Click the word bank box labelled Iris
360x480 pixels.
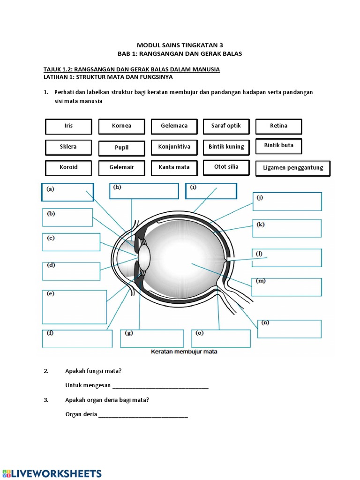[68, 126]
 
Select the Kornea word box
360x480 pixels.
[121, 126]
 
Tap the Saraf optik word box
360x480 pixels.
[226, 126]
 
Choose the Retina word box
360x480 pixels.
[278, 126]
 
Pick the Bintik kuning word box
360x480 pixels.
[226, 147]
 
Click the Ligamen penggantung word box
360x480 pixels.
[293, 168]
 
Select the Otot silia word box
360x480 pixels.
[226, 167]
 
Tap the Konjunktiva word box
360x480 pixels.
[174, 147]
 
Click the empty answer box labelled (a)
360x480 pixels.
[67, 192]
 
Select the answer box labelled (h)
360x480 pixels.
[144, 191]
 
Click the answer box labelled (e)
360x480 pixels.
[71, 307]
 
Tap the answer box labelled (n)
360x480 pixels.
[289, 329]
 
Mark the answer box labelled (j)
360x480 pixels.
[287, 202]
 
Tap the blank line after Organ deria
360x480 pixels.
[143, 414]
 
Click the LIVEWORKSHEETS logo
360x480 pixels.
[52, 472]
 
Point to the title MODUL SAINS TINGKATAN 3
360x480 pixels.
[180, 45]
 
